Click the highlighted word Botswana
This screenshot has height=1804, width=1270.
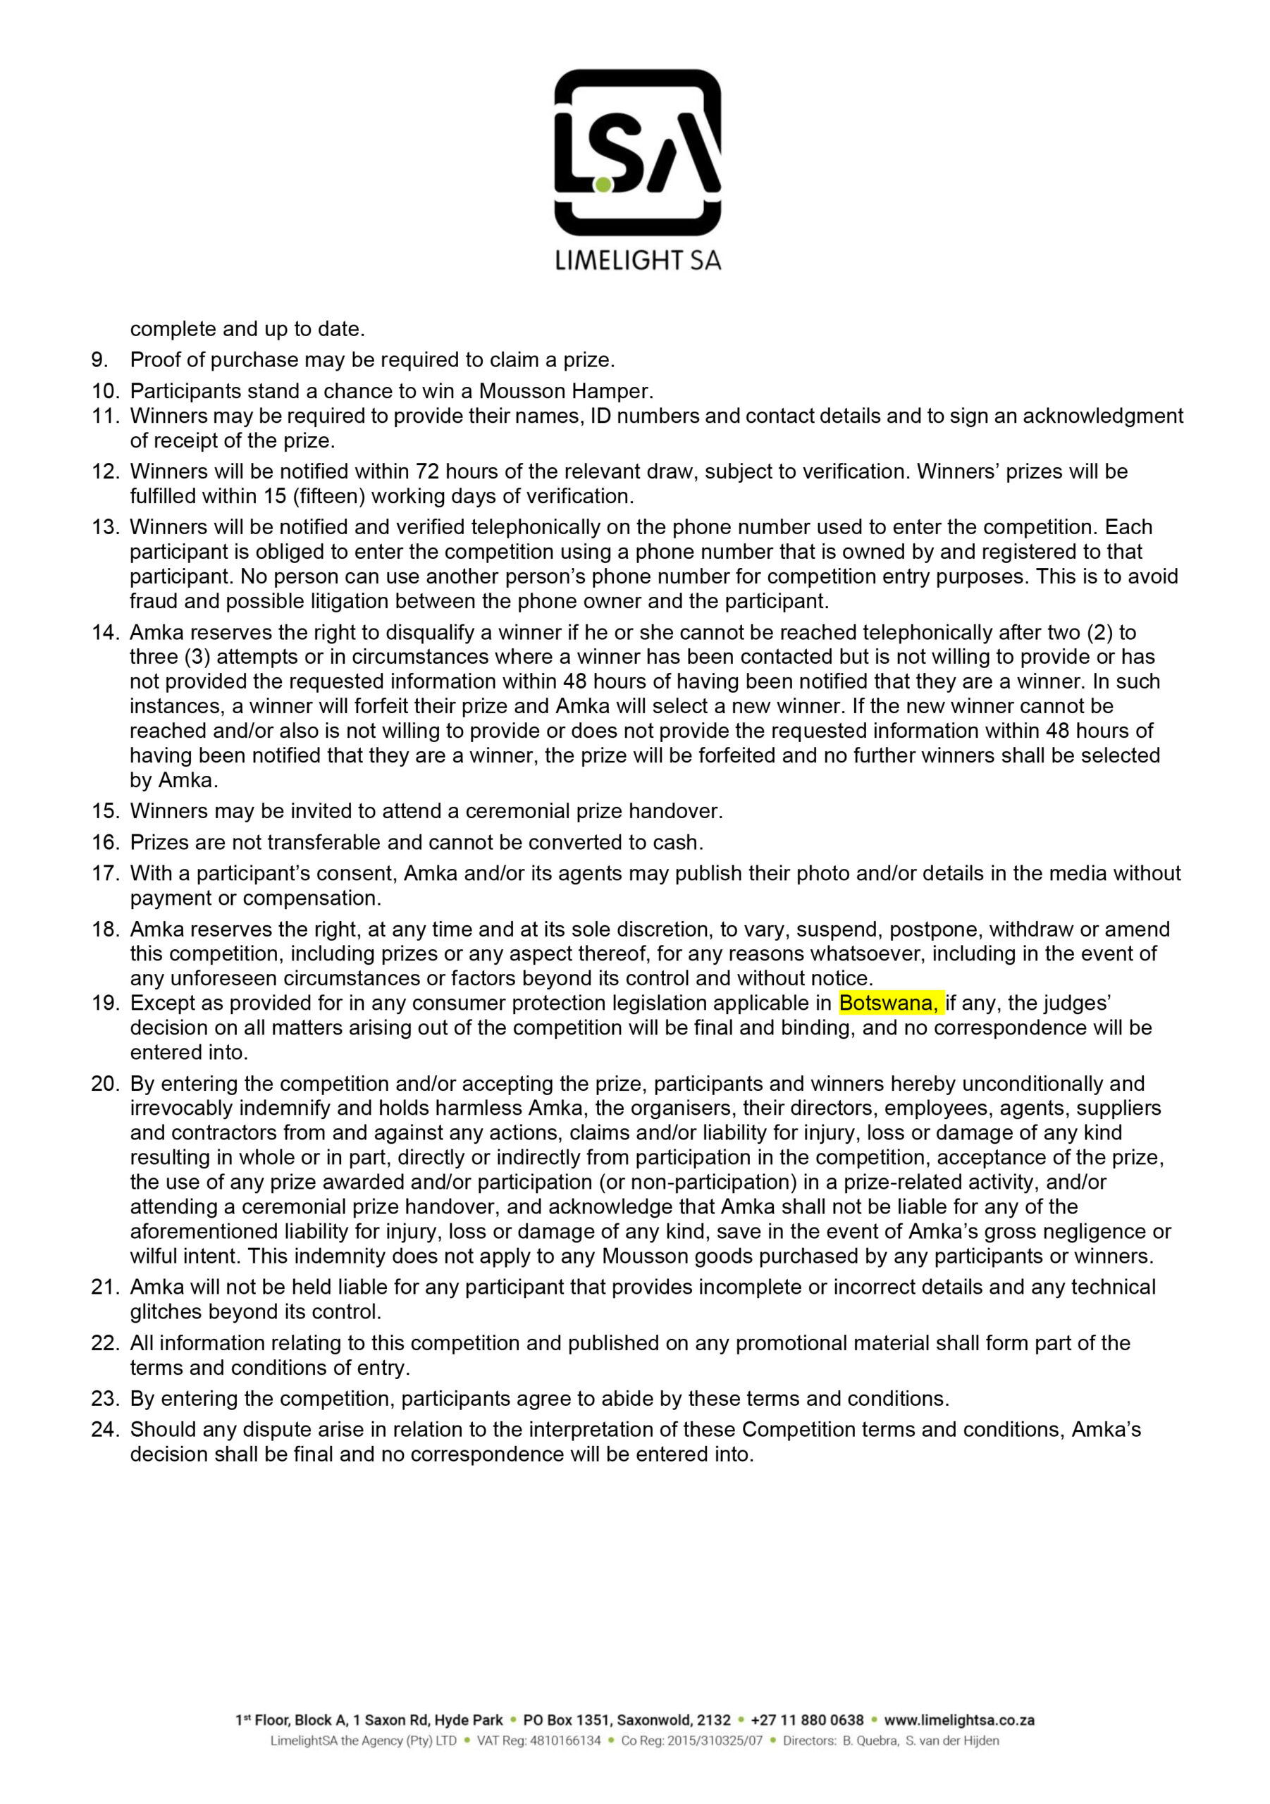click(x=888, y=1003)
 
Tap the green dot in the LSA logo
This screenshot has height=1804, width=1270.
click(x=603, y=185)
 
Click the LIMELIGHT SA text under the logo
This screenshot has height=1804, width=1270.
click(x=637, y=261)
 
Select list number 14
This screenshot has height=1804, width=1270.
click(x=104, y=633)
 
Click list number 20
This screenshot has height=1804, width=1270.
click(x=104, y=1084)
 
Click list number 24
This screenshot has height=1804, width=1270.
click(x=104, y=1429)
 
